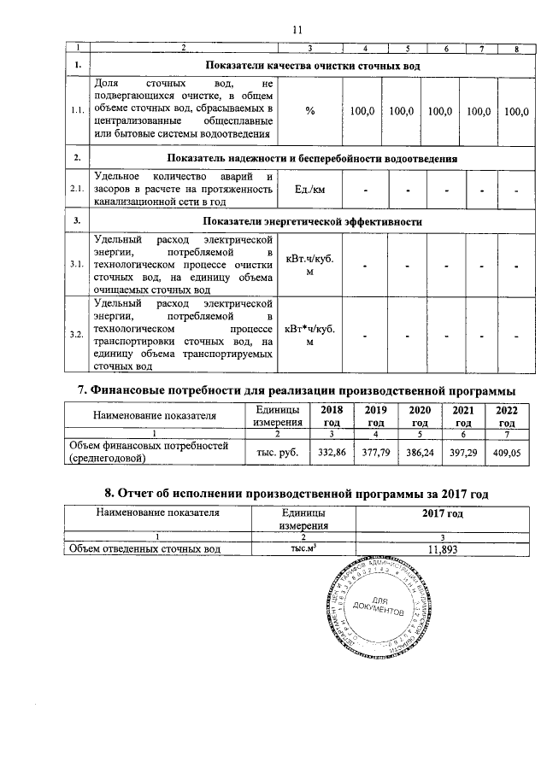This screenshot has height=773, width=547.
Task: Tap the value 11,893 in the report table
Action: pos(444,550)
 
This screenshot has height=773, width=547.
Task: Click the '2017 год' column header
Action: pos(443,513)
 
